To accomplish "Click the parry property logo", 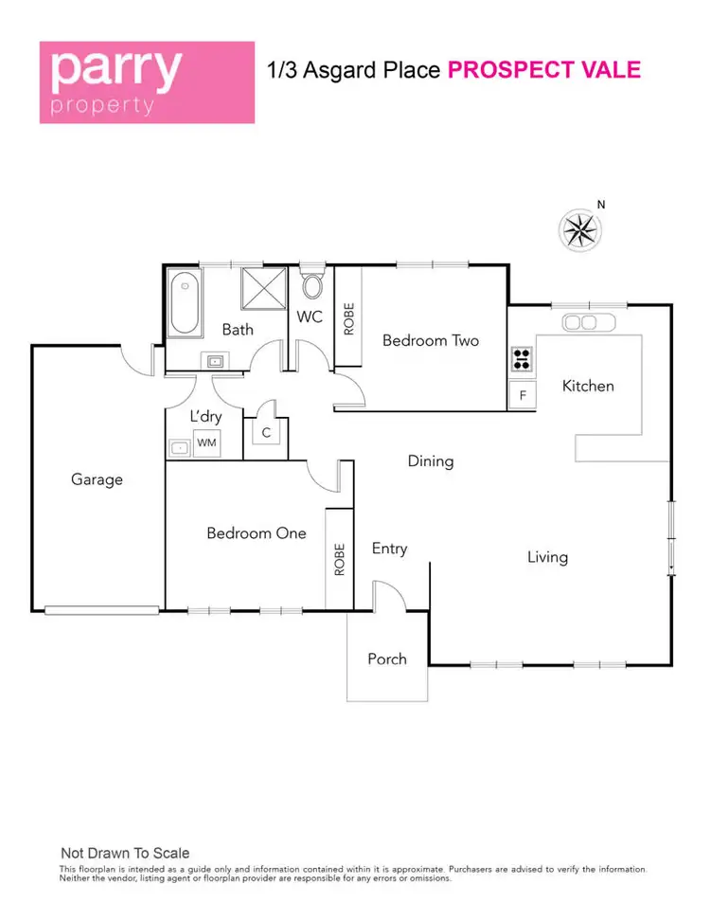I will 147,81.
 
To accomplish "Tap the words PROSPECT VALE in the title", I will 543,70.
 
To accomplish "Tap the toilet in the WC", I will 311,285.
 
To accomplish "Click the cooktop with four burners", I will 522,358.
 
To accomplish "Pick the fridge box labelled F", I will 522,395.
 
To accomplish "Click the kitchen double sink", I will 589,323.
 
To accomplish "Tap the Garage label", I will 98,479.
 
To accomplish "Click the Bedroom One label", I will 257,533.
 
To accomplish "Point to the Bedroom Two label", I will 431,340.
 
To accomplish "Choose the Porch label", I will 387,658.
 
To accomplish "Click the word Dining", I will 431,461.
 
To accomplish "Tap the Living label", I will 547,557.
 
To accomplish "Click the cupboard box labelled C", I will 266,432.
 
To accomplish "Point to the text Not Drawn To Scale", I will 125,853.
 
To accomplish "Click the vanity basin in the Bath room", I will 215,361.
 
